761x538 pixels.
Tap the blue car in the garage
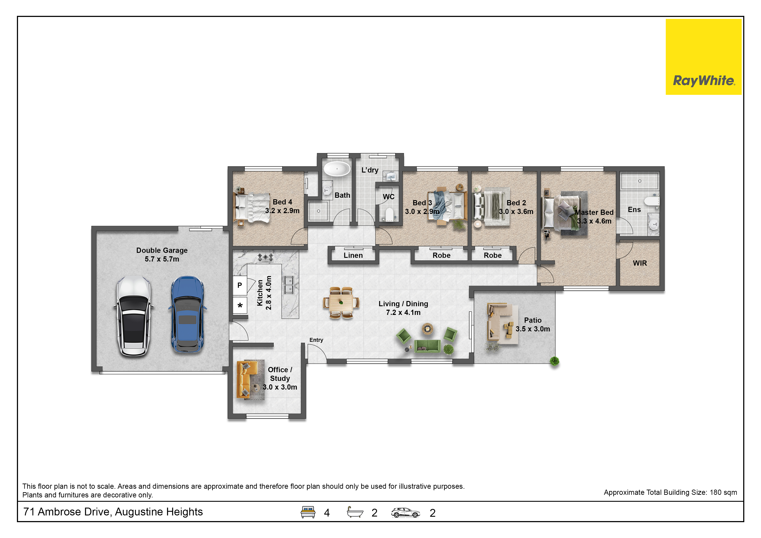pos(187,314)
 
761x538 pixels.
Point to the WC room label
pos(389,197)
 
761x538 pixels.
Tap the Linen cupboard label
pos(353,255)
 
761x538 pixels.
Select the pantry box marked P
pos(240,285)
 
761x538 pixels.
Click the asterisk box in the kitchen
pos(240,305)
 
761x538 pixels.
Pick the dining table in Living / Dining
pos(341,303)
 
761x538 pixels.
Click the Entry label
pos(316,340)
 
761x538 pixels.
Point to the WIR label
pos(640,263)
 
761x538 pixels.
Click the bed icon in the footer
pos(308,512)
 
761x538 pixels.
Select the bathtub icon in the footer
pos(355,512)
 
